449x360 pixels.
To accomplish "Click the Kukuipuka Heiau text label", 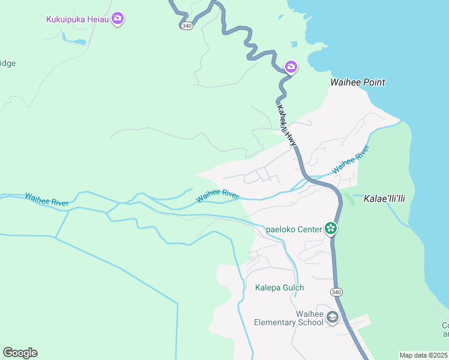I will click(x=77, y=19).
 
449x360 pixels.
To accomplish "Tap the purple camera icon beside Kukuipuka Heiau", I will click(x=118, y=19).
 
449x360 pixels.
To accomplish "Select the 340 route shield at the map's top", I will click(x=187, y=25).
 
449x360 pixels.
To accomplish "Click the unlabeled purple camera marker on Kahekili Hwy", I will click(x=291, y=67).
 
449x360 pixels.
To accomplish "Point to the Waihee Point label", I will click(x=358, y=82).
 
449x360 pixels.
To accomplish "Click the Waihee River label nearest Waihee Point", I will click(x=350, y=160).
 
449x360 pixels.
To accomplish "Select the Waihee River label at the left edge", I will click(x=46, y=199).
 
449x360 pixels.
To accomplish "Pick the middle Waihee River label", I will click(x=217, y=194).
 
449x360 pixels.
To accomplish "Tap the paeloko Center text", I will click(x=293, y=228).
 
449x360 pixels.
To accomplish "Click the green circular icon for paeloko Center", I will click(x=330, y=228).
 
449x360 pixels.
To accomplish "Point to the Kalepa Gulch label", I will click(x=280, y=287).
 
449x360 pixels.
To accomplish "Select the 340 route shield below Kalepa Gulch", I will click(x=336, y=292).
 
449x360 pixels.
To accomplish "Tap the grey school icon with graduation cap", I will click(x=333, y=318).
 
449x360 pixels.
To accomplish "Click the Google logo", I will click(x=20, y=353).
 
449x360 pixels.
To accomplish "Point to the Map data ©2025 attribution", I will click(x=423, y=355).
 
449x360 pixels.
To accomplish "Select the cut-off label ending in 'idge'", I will click(x=8, y=63).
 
